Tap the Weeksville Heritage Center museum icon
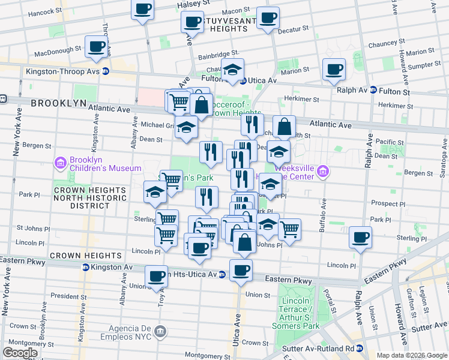(x=323, y=172)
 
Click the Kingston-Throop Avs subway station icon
(x=106, y=71)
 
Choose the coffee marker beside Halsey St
(x=143, y=9)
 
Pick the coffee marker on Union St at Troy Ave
(x=157, y=277)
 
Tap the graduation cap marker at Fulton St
(x=232, y=70)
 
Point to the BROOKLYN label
(x=59, y=103)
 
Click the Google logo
(x=19, y=353)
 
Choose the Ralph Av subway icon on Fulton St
(x=373, y=91)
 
